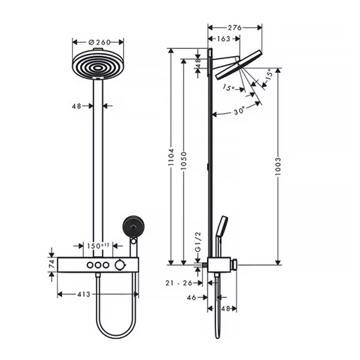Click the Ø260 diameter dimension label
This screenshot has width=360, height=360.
[x=98, y=42]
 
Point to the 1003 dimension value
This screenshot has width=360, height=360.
[x=278, y=167]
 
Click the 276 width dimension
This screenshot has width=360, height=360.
[x=235, y=27]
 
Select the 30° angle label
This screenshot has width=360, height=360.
[x=239, y=111]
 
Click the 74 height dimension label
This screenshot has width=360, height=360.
[x=51, y=264]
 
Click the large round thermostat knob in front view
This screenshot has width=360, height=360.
[x=124, y=264]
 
